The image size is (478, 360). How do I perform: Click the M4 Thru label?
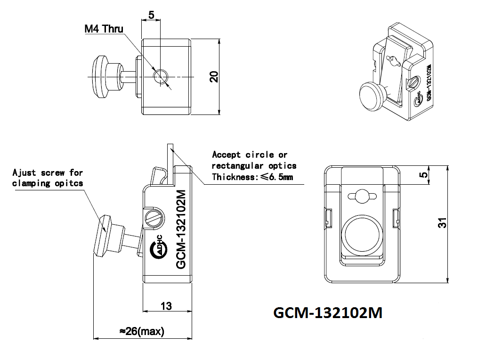click(x=104, y=29)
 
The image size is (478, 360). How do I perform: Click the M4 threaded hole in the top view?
click(x=161, y=76)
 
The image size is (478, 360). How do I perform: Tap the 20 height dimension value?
click(x=214, y=77)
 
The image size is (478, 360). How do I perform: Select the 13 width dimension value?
click(x=166, y=306)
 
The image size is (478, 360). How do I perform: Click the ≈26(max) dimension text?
click(x=142, y=331)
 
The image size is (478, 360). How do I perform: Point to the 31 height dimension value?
click(x=442, y=223)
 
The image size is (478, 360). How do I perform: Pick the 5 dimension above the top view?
click(x=151, y=15)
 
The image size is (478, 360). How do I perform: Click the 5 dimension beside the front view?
click(x=424, y=175)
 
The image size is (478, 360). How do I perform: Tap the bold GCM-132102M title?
click(x=328, y=313)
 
